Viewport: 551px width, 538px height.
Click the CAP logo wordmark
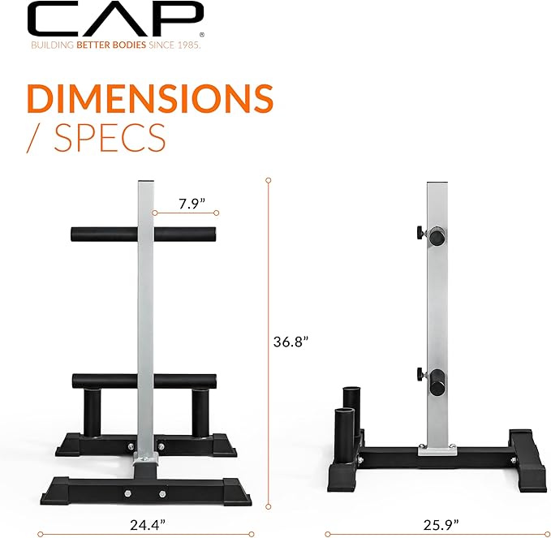(x=115, y=19)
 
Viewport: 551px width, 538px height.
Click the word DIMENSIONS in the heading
(x=150, y=98)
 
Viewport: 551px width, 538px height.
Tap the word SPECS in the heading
(x=110, y=137)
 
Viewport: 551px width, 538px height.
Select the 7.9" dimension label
(x=192, y=204)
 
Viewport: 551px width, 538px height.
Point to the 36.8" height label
(x=291, y=341)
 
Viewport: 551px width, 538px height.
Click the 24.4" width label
(x=148, y=525)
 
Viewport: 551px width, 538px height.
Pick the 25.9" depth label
(x=441, y=525)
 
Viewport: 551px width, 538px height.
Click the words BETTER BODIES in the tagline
(x=111, y=45)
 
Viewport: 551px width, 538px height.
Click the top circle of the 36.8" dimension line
(x=269, y=180)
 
